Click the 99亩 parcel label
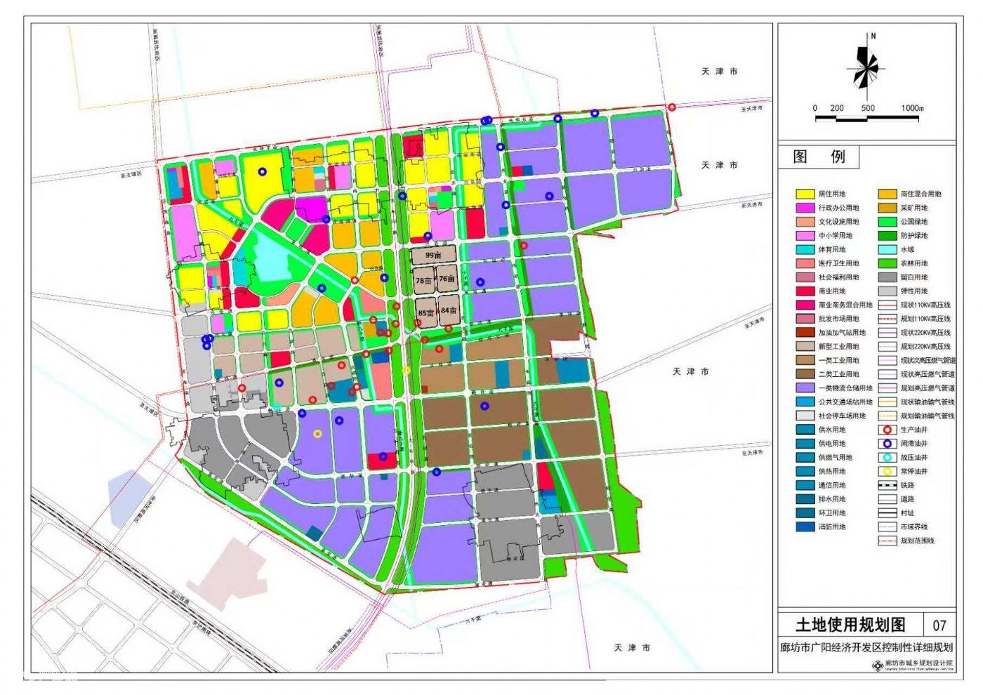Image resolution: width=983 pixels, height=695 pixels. (x=433, y=256)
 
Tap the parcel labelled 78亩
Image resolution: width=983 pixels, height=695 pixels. (x=423, y=280)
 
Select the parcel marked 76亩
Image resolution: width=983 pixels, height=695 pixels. (x=447, y=279)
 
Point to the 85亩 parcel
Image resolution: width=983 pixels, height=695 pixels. (x=425, y=312)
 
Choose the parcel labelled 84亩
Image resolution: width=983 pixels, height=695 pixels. (x=449, y=310)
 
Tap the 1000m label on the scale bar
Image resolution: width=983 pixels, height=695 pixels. (x=912, y=108)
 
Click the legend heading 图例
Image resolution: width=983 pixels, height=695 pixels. (x=818, y=157)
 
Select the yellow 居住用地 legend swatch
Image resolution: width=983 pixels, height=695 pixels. (x=805, y=194)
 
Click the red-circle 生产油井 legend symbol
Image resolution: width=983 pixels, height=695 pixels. (x=887, y=430)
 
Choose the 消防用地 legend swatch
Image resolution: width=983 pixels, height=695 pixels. (x=805, y=527)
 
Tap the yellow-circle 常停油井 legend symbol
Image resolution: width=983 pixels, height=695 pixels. (x=887, y=471)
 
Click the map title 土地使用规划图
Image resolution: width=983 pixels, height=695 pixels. (x=850, y=624)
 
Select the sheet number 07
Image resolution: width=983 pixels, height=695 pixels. (x=939, y=625)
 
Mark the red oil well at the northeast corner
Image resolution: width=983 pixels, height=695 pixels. (x=672, y=107)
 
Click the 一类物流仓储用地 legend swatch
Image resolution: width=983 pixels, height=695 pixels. (x=805, y=388)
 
